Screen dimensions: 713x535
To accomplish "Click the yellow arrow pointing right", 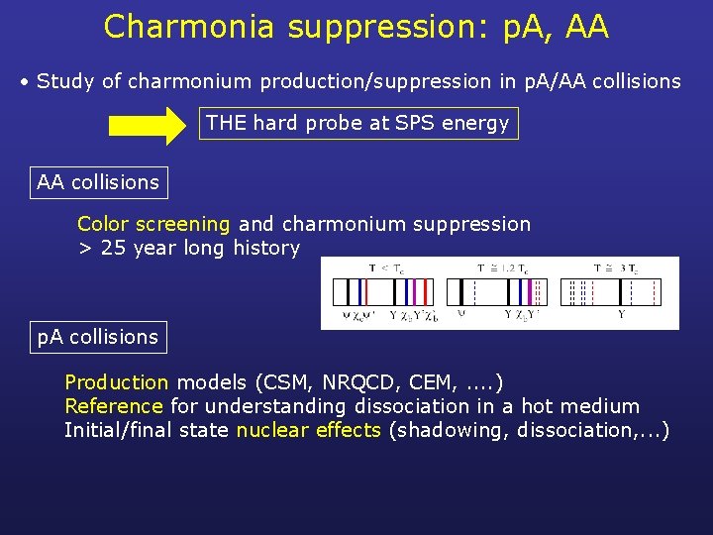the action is point(148,126).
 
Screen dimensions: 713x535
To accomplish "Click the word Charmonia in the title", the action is point(188,27).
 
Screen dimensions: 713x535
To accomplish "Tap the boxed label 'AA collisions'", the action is point(98,182).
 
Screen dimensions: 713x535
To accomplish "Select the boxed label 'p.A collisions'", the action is point(98,337).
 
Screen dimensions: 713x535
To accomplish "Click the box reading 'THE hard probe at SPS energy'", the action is point(357,124).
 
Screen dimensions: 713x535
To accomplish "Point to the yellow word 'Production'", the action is point(116,382).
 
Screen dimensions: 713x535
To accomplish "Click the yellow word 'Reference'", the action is point(113,406).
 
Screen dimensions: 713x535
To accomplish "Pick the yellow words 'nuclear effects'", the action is point(308,430).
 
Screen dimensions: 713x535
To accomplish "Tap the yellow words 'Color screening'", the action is point(153,225).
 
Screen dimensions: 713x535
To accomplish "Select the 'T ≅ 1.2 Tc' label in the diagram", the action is point(496,267).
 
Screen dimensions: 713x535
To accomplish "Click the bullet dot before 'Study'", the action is point(25,82).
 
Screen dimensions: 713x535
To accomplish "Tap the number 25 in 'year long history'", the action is point(113,249).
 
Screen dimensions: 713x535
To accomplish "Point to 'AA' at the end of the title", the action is point(588,27).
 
